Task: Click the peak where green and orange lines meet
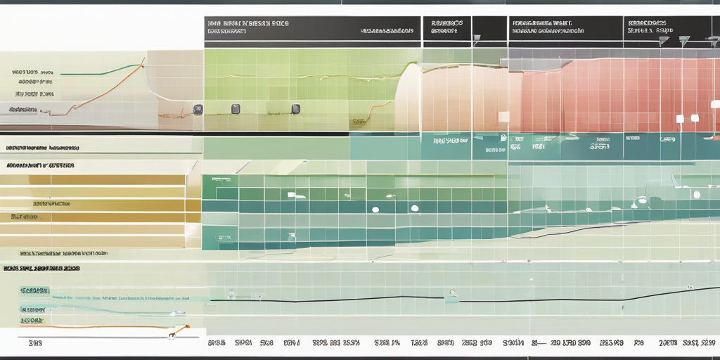pyautogui.click(x=143, y=65)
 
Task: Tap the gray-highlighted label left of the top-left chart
pyautogui.click(x=22, y=110)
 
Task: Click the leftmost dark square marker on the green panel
pyautogui.click(x=198, y=109)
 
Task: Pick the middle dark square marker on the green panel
pyautogui.click(x=236, y=109)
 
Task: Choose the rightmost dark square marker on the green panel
pyautogui.click(x=296, y=109)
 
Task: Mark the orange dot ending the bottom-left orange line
pyautogui.click(x=187, y=327)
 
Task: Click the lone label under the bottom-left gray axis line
pyautogui.click(x=34, y=345)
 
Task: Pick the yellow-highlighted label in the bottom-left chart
pyautogui.click(x=32, y=321)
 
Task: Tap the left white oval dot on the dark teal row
pyautogui.click(x=375, y=210)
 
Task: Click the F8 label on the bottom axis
pyautogui.click(x=638, y=343)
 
